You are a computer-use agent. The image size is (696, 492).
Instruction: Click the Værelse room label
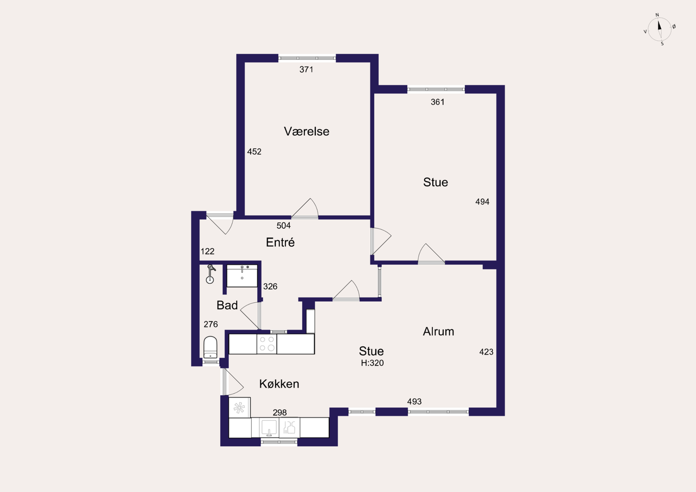(x=306, y=132)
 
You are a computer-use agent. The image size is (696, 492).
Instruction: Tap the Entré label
(x=280, y=242)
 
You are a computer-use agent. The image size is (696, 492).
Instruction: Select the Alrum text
(x=438, y=332)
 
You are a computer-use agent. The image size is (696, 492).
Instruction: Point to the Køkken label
(x=279, y=384)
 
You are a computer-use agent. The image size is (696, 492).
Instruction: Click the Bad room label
(x=227, y=306)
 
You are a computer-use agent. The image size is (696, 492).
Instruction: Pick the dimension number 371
(x=306, y=70)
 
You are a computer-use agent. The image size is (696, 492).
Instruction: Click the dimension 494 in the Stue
(x=482, y=202)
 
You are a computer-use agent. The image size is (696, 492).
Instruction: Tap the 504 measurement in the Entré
(x=283, y=226)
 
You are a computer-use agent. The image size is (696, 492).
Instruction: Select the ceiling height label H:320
(x=372, y=363)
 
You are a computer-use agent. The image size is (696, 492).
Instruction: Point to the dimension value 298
(x=279, y=413)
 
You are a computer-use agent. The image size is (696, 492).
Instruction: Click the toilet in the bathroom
(x=210, y=347)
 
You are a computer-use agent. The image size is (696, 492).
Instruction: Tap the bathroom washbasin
(x=242, y=276)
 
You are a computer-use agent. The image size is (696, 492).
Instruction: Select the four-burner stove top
(x=267, y=344)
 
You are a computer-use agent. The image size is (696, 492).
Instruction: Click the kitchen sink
(x=269, y=427)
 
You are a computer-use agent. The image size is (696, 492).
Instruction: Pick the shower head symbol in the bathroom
(x=210, y=274)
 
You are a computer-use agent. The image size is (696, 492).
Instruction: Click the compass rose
(x=660, y=29)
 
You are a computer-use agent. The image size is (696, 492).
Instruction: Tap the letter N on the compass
(x=657, y=15)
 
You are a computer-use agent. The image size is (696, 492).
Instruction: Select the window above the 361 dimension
(x=436, y=90)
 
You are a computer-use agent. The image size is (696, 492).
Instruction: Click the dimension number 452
(x=254, y=152)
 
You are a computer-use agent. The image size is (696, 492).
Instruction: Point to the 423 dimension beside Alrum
(x=486, y=352)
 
